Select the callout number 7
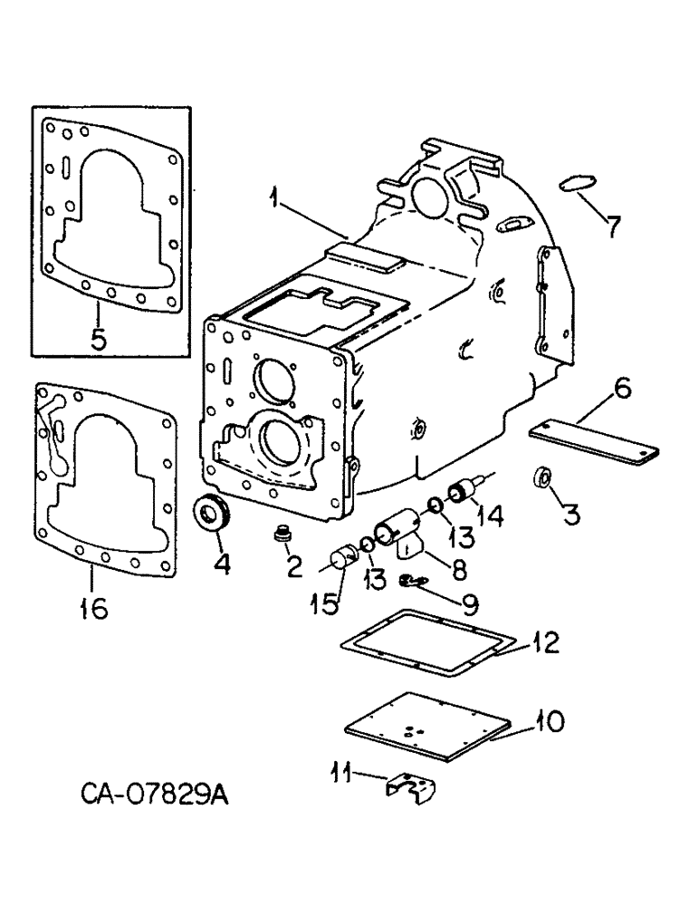[613, 224]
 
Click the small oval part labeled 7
[575, 184]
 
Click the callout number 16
[93, 608]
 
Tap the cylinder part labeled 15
[345, 555]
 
